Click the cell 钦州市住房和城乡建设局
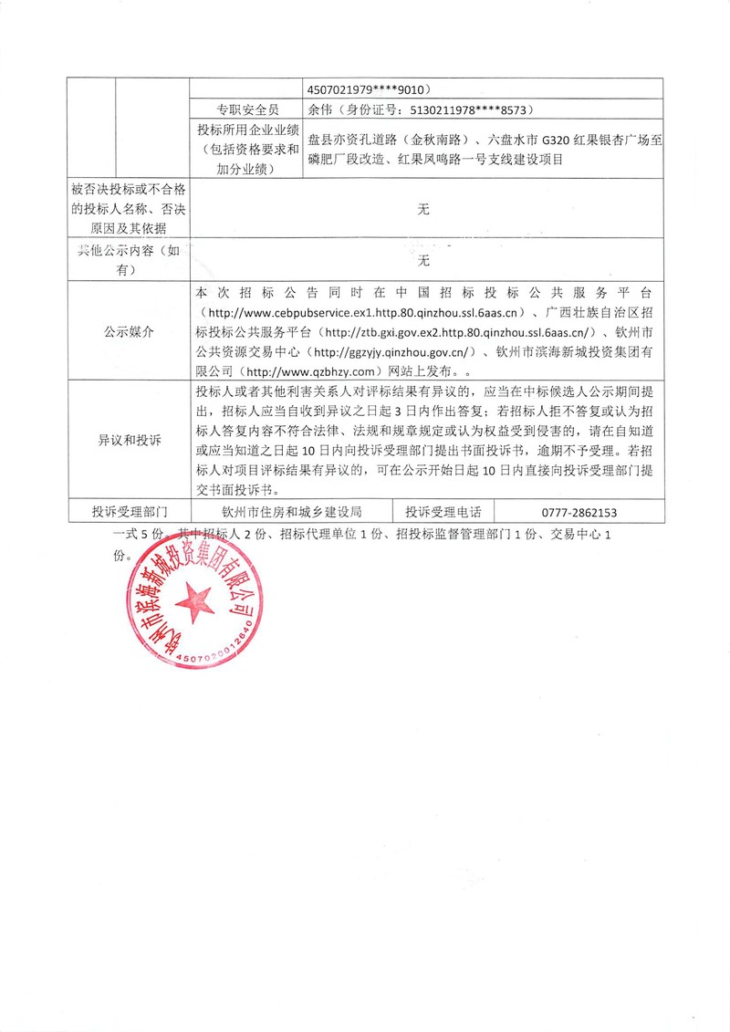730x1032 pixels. [293, 513]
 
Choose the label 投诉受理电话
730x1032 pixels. [443, 513]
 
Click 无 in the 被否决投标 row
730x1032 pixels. [422, 210]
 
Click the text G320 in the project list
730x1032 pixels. [557, 140]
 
